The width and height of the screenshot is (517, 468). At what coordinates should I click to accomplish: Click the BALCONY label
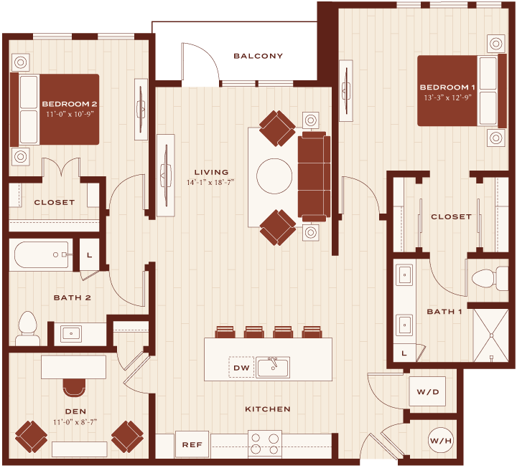pos(258,56)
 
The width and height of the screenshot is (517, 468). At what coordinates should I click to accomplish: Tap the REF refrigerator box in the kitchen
pos(192,444)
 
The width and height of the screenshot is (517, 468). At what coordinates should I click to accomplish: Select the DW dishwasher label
pos(241,368)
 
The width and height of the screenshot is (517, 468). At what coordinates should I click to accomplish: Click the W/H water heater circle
pos(441,440)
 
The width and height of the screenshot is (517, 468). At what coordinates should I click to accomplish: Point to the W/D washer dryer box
pos(427,391)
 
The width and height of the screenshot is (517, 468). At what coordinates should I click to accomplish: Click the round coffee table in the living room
pos(274,176)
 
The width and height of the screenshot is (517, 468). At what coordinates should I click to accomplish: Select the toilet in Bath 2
pos(28,328)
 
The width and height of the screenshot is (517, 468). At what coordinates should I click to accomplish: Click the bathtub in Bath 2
pos(41,254)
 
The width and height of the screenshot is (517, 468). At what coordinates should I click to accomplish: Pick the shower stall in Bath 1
pos(491,335)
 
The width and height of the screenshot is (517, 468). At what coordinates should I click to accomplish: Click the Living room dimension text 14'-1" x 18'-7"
pos(210,182)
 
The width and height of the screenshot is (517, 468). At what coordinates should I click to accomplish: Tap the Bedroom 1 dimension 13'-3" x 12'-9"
pos(447,97)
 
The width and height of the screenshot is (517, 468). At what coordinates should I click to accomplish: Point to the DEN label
pos(76,411)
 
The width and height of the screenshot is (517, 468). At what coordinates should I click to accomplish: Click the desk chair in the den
pos(74,388)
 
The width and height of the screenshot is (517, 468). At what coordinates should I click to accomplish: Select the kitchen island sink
pos(273,367)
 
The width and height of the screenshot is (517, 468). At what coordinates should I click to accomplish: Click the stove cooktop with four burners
pos(265,444)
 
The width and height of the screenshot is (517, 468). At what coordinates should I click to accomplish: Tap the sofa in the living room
pos(314,176)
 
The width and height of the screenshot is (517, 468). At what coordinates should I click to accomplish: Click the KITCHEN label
pos(268,409)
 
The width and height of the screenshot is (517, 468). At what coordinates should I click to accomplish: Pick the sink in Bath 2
pos(71,333)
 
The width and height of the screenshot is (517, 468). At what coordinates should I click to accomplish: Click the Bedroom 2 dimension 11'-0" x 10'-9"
pos(70,114)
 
